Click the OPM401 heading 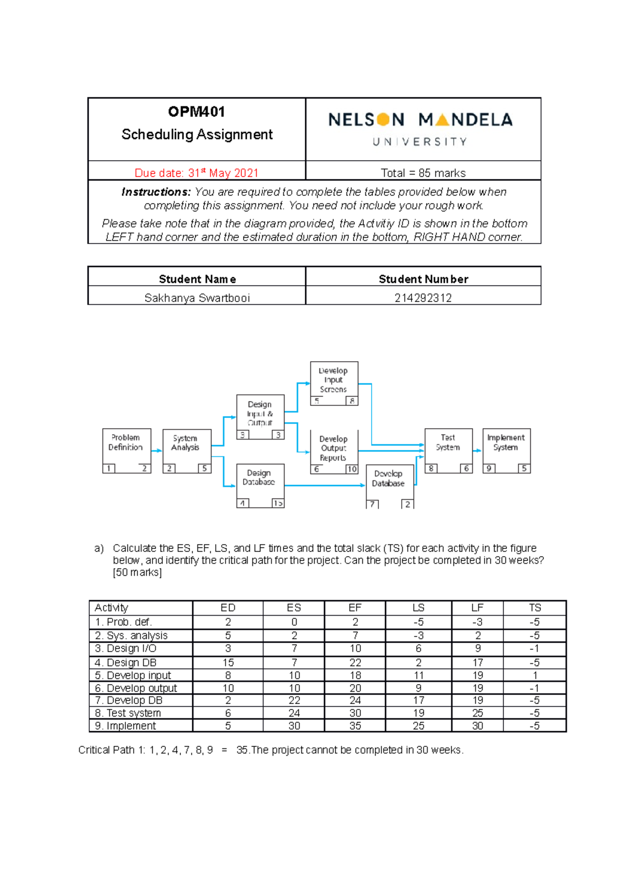pos(196,112)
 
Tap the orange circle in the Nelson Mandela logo pos(383,120)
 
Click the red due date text pos(196,173)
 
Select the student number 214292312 pos(423,298)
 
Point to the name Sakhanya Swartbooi pos(197,298)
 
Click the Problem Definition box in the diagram pos(126,446)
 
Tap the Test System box pos(448,446)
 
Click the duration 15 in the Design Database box pos(278,503)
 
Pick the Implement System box pos(506,446)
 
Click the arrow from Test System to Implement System pos(477,450)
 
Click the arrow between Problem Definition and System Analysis pos(157,450)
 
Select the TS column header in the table pos(535,607)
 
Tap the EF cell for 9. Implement pos(355,726)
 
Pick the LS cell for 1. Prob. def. pos(418,622)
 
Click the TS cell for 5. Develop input pos(535,675)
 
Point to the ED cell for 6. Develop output pos(228,688)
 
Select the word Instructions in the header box pos(156,192)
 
